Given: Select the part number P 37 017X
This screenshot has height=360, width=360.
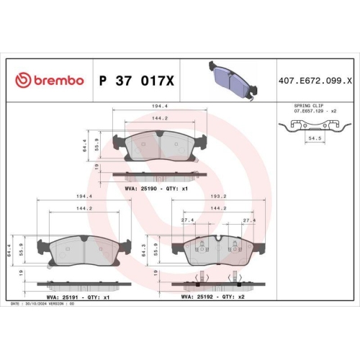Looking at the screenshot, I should point(136,80).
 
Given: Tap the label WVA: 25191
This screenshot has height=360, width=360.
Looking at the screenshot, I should point(53,297).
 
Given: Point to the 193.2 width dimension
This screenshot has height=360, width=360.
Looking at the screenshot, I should point(219,196).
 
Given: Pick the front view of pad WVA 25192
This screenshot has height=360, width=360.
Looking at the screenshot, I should point(218,250).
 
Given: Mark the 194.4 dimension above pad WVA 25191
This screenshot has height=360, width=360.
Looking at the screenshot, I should point(84,197).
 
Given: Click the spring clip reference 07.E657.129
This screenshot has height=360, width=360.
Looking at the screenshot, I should point(307,112).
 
